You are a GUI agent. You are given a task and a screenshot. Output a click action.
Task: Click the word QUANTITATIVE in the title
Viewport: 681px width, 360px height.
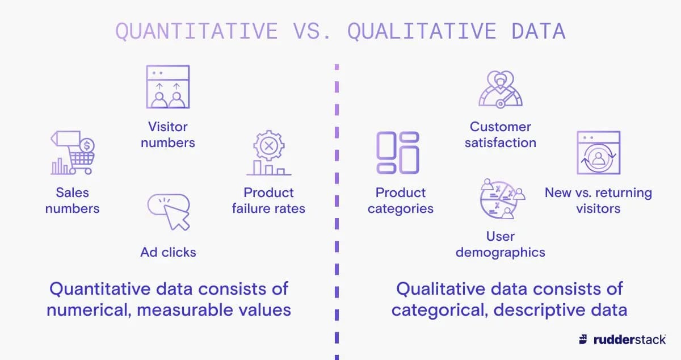point(196,31)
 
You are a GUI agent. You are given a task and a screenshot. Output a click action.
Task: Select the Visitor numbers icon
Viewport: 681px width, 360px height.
point(168,87)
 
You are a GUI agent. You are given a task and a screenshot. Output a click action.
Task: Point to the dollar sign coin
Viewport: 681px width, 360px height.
point(87,146)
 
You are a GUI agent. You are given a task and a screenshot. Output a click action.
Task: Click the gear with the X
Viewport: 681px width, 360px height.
point(268,146)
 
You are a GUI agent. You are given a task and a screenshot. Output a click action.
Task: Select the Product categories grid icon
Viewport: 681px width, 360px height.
point(398,152)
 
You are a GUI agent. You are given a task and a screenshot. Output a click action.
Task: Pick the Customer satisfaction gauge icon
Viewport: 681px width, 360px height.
point(500,89)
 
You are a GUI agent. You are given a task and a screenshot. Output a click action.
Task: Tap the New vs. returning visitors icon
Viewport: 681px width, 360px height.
point(598,153)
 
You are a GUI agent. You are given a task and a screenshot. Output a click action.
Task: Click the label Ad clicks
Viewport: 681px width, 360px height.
point(168,252)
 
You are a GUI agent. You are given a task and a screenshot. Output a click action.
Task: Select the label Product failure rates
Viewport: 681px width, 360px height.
point(268,200)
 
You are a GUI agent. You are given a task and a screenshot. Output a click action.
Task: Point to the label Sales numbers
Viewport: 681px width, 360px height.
point(72,200)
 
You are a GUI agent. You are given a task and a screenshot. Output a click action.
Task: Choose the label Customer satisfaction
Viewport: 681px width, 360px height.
point(500,135)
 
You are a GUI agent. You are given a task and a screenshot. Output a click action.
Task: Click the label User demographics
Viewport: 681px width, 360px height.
point(500,244)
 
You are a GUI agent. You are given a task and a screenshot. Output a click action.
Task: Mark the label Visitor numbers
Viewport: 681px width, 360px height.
point(168,135)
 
